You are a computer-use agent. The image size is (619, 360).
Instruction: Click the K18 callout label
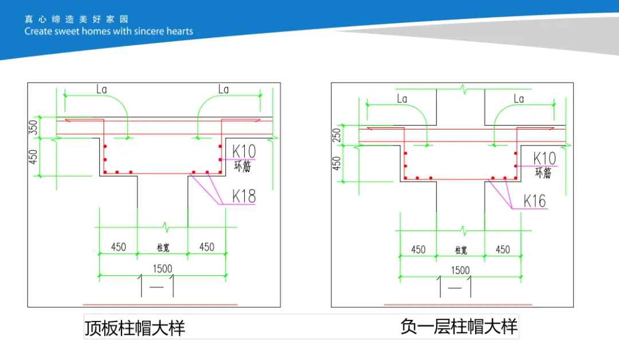[244, 195]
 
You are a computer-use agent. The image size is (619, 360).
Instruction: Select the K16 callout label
[534, 201]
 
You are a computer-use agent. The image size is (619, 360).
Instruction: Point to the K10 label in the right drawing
[544, 158]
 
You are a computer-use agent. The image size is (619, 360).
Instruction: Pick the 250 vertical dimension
[336, 135]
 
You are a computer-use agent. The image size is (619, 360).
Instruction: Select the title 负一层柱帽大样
[459, 327]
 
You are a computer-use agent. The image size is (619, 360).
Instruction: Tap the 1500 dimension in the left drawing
[162, 268]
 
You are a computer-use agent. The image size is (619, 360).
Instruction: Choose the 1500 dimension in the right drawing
[460, 270]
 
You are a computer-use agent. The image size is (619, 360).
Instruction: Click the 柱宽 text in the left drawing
[163, 248]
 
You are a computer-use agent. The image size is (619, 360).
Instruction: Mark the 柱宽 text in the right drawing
[461, 251]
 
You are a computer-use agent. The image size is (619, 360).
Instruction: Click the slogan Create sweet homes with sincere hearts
[109, 32]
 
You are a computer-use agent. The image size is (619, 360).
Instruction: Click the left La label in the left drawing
[101, 89]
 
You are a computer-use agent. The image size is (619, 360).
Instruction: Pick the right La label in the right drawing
[519, 99]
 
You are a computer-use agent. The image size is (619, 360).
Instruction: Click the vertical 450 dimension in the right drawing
[336, 163]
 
